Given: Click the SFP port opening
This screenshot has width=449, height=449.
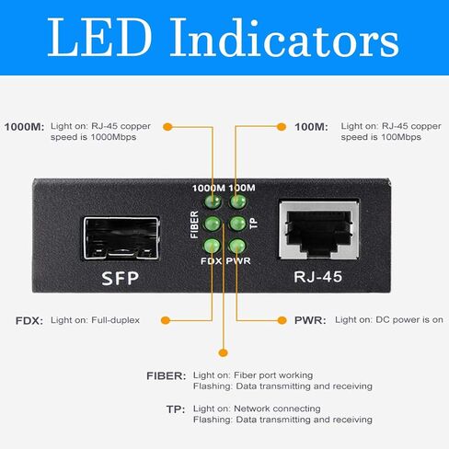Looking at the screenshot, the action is [121, 238].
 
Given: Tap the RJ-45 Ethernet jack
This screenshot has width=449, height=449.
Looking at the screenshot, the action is [319, 230].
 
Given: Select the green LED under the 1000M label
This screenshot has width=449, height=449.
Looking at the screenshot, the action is [212, 201].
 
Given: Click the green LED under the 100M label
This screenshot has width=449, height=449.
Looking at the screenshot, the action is [237, 201].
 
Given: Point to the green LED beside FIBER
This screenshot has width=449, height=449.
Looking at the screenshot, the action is [212, 224].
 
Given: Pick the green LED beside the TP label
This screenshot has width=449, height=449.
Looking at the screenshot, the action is [237, 224].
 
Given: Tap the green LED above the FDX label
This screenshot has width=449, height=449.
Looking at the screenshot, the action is [212, 246].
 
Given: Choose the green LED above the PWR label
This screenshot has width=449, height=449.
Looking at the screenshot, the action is [237, 246].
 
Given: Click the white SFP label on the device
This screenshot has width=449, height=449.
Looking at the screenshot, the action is [121, 278].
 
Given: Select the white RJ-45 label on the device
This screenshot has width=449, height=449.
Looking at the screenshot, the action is [318, 277].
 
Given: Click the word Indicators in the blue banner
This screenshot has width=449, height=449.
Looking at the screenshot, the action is [285, 38].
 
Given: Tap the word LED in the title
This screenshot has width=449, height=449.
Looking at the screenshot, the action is [99, 38].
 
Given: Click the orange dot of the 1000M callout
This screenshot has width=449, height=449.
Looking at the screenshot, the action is [167, 127].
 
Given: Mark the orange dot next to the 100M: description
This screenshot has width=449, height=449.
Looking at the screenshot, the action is [282, 127].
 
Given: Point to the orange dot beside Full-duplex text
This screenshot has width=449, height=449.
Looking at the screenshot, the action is [166, 320].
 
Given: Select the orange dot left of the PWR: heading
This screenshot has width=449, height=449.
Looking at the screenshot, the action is [282, 320].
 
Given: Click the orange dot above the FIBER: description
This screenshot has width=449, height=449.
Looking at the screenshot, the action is [224, 352].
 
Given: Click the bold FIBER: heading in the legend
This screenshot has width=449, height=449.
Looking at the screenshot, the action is [167, 376].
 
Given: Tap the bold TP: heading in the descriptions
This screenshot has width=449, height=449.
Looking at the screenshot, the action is [176, 409].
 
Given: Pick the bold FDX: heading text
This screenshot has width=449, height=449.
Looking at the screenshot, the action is [29, 321].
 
